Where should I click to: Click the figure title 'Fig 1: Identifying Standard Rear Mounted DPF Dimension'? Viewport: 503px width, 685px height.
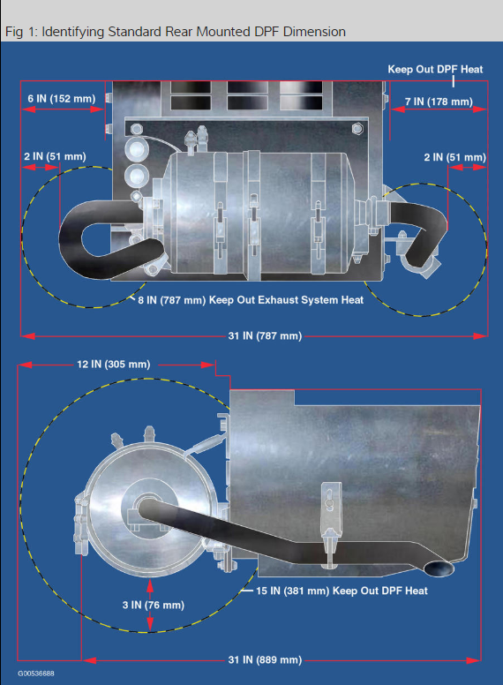(176, 32)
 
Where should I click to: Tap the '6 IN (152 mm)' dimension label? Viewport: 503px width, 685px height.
(62, 99)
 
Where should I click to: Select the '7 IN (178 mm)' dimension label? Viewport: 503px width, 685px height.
(439, 102)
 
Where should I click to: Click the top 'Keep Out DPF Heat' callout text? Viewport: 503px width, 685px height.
(435, 70)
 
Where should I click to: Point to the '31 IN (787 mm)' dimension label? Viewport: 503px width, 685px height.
(265, 336)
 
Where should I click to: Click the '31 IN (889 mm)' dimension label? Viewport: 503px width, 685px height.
(265, 659)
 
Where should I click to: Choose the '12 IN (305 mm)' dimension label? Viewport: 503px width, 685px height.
(114, 365)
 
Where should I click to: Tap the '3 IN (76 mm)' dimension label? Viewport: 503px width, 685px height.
(154, 605)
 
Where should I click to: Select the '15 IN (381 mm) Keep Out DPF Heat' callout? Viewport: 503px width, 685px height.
(342, 591)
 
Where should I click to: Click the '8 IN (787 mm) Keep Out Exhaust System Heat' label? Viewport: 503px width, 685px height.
(251, 300)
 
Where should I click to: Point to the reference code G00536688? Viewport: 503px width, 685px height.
(36, 674)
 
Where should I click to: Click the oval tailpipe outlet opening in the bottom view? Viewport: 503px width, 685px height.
(439, 568)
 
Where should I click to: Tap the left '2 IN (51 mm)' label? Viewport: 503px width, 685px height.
(55, 156)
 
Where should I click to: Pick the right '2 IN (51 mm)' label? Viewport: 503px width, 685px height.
(455, 157)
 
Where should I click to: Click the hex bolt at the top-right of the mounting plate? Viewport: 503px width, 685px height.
(357, 129)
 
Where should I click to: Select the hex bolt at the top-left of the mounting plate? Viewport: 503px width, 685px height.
(136, 129)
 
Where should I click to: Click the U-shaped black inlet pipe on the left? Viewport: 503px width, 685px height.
(70, 241)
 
